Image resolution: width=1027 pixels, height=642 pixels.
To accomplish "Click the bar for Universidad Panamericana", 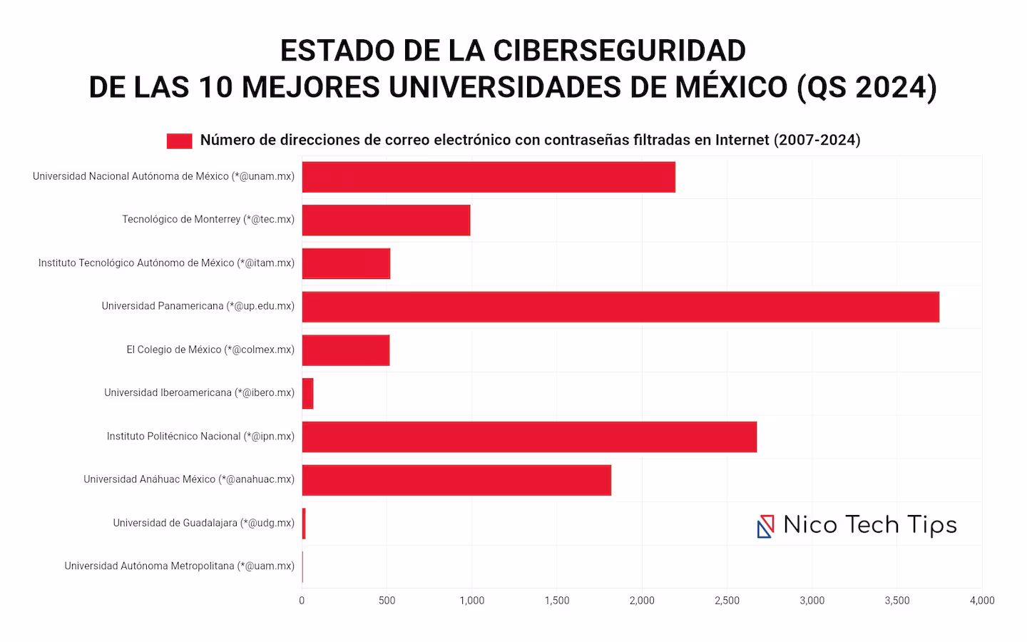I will pyautogui.click(x=620, y=307).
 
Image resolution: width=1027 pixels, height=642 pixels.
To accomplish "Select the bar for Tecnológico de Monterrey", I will pyautogui.click(x=386, y=220).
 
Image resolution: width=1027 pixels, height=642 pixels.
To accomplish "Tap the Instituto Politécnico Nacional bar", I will pyautogui.click(x=529, y=437).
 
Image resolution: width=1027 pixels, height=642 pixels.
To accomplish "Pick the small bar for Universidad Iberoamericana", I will pyautogui.click(x=307, y=393).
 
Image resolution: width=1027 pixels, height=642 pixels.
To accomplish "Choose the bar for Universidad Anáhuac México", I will pyautogui.click(x=456, y=480).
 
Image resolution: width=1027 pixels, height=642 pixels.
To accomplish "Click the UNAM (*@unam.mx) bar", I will pyautogui.click(x=489, y=177).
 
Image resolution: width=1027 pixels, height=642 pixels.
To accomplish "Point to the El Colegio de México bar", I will pyautogui.click(x=346, y=350).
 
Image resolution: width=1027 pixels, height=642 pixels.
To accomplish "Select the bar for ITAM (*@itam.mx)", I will pyautogui.click(x=346, y=263).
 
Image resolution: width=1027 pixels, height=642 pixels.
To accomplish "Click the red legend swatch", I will pyautogui.click(x=179, y=141).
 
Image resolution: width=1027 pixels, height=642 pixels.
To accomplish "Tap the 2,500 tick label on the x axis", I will pyautogui.click(x=727, y=601).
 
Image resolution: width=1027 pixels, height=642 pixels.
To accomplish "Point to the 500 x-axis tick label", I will pyautogui.click(x=387, y=601).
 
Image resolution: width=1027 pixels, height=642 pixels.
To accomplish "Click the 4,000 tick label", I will pyautogui.click(x=982, y=601).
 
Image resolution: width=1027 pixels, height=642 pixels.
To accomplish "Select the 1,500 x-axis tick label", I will pyautogui.click(x=557, y=601).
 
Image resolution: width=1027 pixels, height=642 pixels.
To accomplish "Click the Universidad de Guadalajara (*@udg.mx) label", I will pyautogui.click(x=203, y=523).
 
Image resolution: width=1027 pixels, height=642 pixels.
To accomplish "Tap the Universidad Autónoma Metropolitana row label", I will pyautogui.click(x=179, y=566).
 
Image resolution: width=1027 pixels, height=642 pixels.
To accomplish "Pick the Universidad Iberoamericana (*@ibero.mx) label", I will pyautogui.click(x=199, y=392).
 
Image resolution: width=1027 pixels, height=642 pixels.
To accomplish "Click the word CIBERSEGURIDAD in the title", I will pyautogui.click(x=619, y=51).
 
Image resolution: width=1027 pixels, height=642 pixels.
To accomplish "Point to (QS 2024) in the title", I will pyautogui.click(x=866, y=87).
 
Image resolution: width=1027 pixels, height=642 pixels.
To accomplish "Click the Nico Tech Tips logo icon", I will pyautogui.click(x=765, y=526).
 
